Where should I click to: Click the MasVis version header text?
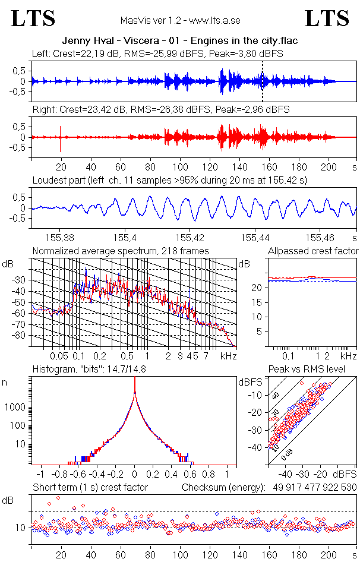pyautogui.click(x=180, y=21)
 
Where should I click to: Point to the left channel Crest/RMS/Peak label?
pyautogui.click(x=157, y=53)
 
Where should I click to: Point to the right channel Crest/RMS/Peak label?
pyautogui.click(x=160, y=110)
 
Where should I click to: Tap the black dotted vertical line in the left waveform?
pyautogui.click(x=262, y=81)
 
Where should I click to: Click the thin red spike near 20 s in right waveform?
pyautogui.click(x=61, y=138)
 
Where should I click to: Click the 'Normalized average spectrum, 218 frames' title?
pyautogui.click(x=121, y=251)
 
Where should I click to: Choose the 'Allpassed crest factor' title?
pyautogui.click(x=313, y=251)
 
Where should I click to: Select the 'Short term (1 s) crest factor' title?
pyautogui.click(x=90, y=488)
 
